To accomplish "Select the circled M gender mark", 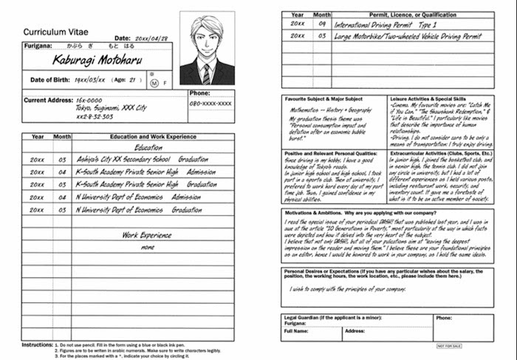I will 154,82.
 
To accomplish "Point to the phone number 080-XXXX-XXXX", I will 210,103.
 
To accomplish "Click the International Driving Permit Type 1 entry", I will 387,24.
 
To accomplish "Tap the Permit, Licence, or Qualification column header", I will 413,14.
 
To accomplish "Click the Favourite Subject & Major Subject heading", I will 323,98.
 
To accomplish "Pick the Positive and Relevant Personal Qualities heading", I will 331,152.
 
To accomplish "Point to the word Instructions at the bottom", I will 37,344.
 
